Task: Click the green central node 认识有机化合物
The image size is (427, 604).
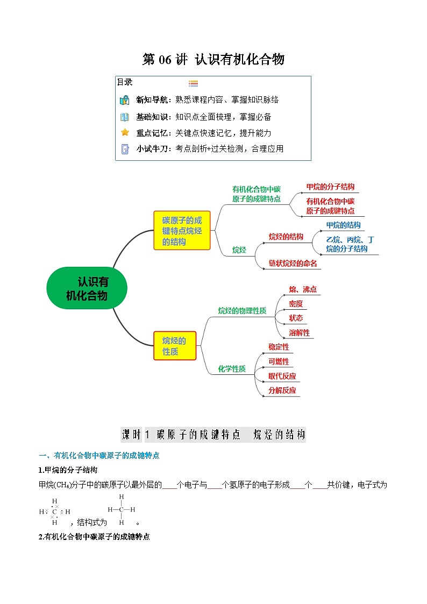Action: (87, 289)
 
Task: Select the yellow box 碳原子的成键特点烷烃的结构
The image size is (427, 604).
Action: (182, 231)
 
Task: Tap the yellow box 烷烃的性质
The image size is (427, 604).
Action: (174, 346)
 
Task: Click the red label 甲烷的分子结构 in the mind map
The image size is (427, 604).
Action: (330, 187)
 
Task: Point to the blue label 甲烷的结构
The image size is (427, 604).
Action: (343, 225)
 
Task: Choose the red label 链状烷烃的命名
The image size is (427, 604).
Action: (293, 263)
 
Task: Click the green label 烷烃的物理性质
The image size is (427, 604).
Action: (242, 310)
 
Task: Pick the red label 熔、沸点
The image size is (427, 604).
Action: (303, 289)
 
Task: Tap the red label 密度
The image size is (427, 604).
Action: (296, 304)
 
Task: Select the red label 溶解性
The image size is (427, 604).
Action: (299, 332)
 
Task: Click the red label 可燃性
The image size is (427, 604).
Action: (279, 361)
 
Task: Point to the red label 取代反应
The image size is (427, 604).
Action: (282, 376)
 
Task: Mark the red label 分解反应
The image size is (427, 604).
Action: (282, 390)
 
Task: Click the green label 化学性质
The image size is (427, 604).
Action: (232, 368)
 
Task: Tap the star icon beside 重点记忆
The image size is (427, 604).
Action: (125, 132)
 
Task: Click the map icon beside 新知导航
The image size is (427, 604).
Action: (125, 100)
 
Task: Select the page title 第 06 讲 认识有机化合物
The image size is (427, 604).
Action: (213, 59)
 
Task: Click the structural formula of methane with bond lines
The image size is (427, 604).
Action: (122, 509)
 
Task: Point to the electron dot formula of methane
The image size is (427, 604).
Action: (55, 511)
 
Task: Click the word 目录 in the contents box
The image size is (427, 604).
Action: (125, 82)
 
